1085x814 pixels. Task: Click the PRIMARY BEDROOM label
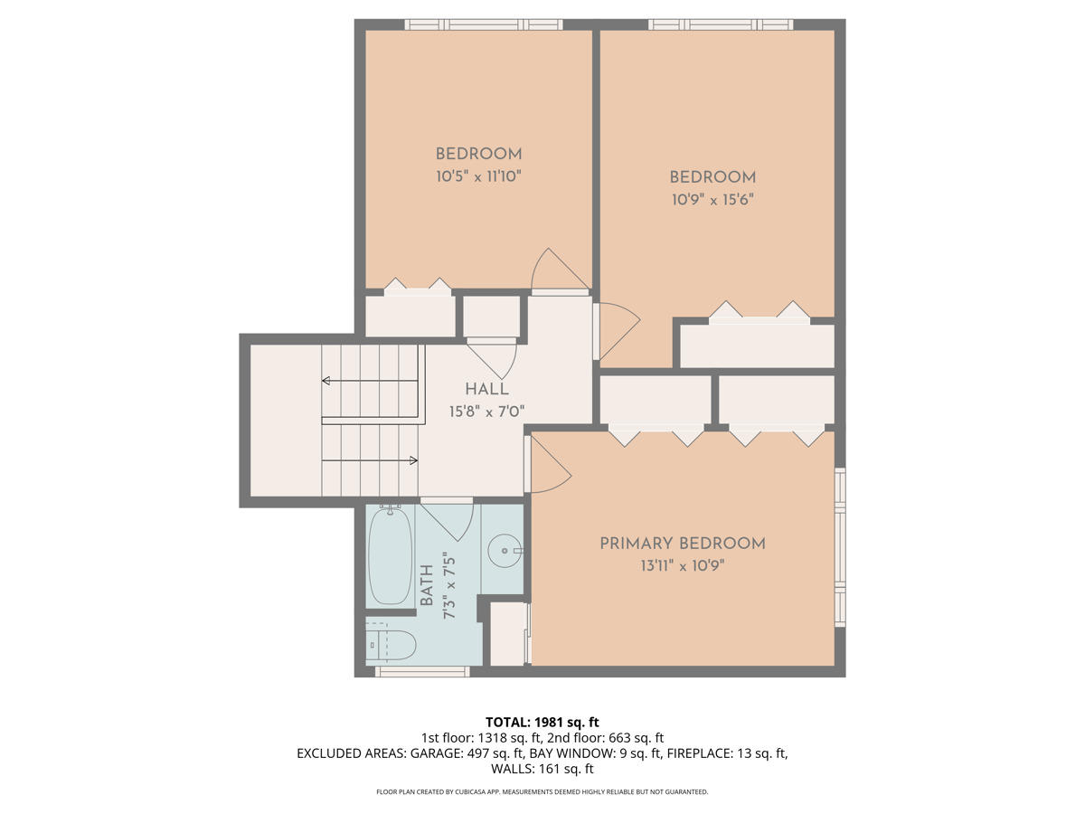point(683,544)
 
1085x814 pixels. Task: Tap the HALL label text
point(486,390)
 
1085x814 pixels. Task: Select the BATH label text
point(427,586)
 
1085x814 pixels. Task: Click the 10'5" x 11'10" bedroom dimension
point(478,177)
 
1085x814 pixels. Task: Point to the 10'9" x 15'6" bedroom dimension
point(712,200)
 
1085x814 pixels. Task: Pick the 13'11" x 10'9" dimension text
point(683,567)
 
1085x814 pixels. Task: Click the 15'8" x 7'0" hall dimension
point(486,412)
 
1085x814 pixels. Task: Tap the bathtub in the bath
point(391,555)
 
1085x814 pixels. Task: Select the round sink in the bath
point(502,548)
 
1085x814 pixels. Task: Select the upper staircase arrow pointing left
point(325,381)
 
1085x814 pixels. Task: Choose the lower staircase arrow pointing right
point(414,460)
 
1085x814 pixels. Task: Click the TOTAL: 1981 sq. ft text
point(542,722)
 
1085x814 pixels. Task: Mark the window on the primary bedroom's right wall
point(840,547)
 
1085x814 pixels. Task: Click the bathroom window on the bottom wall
point(422,671)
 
